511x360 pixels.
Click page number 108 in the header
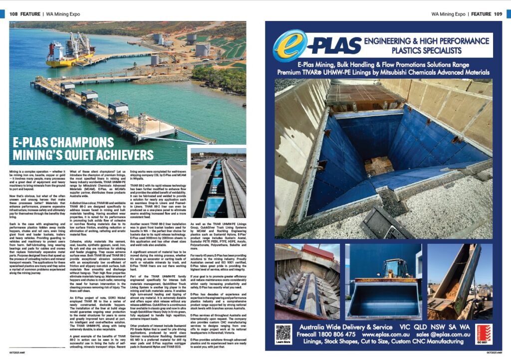(14, 14)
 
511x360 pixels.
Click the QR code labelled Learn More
(283, 333)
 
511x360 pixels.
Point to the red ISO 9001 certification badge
(483, 333)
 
